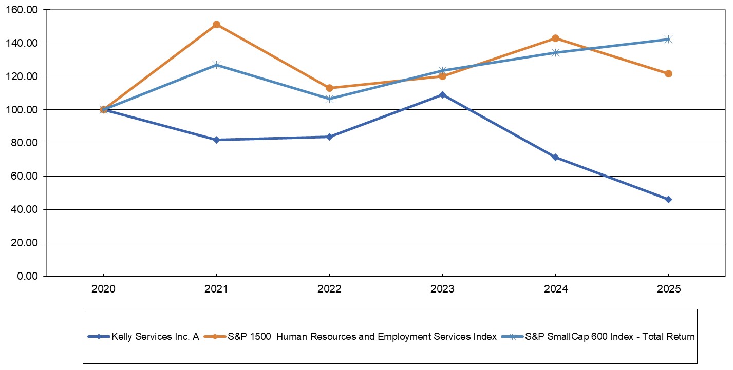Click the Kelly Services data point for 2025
[668, 199]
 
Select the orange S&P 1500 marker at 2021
[216, 25]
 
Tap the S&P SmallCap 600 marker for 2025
[668, 39]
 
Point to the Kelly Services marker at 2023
[442, 94]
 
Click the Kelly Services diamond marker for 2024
[555, 157]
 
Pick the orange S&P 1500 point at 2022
[329, 88]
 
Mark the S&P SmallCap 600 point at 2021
[216, 65]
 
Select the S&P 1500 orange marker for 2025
[668, 73]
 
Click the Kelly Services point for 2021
[216, 140]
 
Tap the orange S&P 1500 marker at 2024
[555, 38]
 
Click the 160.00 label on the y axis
[24, 10]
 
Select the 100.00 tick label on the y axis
[24, 110]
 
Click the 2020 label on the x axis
[103, 289]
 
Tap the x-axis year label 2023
[442, 289]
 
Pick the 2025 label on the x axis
[668, 289]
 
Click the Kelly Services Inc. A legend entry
[145, 337]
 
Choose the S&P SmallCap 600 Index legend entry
[608, 337]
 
